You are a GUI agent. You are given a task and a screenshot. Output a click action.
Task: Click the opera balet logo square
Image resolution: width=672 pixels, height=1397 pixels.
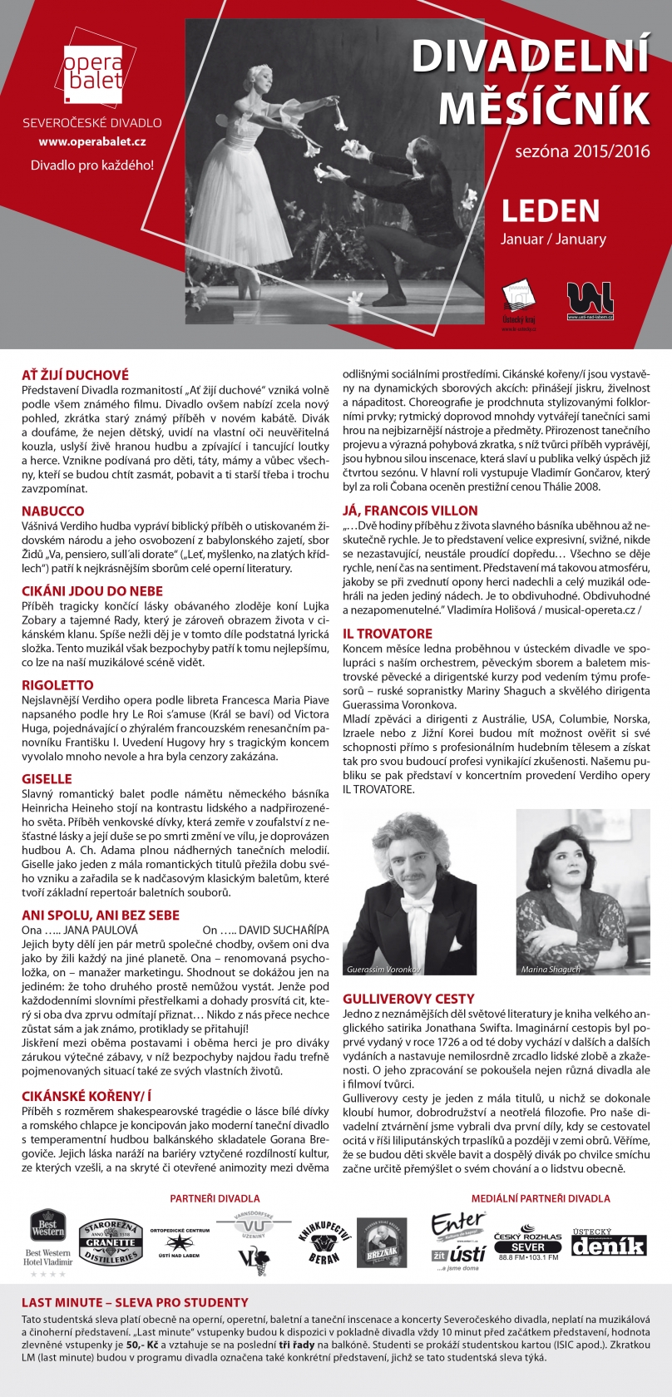(92, 67)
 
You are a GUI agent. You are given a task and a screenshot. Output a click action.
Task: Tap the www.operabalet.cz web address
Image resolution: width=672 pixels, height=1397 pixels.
(92, 142)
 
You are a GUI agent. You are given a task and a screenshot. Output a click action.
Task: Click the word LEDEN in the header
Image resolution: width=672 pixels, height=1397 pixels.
(550, 211)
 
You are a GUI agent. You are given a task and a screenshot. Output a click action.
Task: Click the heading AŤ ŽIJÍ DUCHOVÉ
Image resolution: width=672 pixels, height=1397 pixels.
(75, 375)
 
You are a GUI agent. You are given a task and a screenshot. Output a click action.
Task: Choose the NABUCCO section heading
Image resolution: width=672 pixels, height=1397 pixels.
(52, 511)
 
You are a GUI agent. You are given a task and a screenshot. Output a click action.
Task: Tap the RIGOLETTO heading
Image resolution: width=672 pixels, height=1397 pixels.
(57, 685)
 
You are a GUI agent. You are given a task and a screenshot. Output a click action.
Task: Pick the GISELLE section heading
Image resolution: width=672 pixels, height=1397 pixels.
(47, 779)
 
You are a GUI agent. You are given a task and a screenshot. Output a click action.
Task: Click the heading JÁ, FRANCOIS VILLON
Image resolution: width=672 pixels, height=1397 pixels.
(410, 511)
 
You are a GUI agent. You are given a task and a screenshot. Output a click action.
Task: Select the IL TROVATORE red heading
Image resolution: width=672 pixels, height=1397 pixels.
(388, 634)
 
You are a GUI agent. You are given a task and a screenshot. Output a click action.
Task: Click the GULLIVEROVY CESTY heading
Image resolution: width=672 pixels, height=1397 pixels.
(408, 999)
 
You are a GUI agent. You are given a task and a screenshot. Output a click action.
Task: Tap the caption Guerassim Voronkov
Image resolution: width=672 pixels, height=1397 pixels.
(383, 970)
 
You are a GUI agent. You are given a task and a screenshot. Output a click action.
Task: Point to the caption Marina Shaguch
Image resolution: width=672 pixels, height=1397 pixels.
(551, 970)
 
